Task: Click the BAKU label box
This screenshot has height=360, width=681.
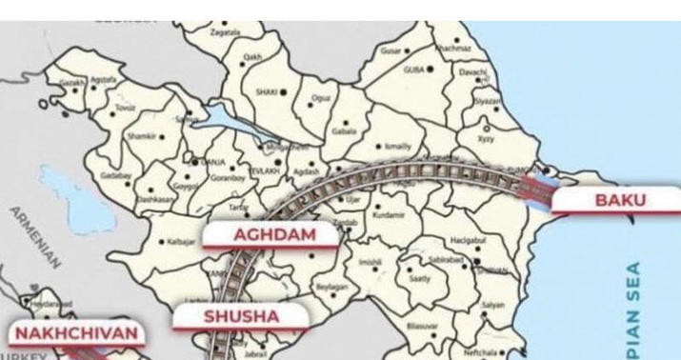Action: pos(619,201)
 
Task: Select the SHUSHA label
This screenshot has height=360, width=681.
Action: pos(241,316)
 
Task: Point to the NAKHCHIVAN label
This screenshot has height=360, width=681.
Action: pos(76,334)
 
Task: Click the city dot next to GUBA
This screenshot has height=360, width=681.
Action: pos(431,69)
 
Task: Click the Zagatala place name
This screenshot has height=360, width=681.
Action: pos(228,32)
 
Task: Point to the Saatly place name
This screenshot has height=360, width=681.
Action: pos(420,279)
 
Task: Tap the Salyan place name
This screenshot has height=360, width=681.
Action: pos(493,304)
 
